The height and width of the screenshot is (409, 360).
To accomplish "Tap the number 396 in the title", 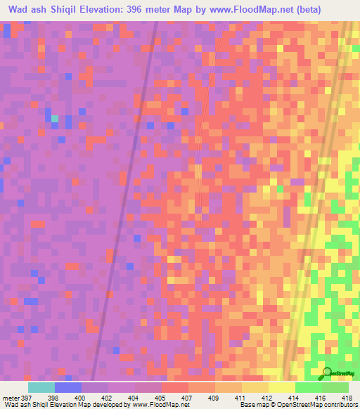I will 160,10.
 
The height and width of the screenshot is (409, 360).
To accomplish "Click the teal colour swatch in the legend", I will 41,387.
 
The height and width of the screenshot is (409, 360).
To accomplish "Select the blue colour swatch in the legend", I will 68,387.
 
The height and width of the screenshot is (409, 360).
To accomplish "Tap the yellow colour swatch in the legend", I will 282,387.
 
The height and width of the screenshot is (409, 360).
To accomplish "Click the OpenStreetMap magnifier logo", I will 328,372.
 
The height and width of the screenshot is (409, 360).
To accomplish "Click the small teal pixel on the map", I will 55,118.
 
